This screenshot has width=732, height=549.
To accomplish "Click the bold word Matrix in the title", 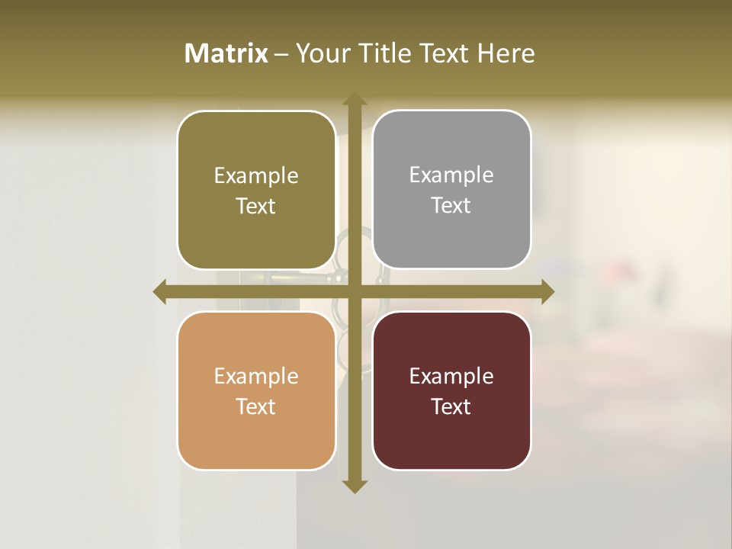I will point(226,53).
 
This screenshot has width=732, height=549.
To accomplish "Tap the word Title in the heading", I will point(381,53).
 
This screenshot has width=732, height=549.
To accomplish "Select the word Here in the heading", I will point(506,53).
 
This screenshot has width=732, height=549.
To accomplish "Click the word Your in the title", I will point(320,53).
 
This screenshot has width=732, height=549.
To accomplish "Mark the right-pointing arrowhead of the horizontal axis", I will point(547,291).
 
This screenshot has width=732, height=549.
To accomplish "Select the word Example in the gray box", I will point(451,175).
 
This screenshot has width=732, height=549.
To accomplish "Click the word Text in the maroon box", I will point(451,406).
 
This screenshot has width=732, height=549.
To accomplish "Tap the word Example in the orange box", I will point(256,376).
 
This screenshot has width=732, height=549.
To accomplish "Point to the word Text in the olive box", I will point(256,206).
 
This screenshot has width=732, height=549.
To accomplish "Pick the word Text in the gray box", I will point(451,206).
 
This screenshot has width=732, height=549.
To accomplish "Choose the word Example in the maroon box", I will point(451,376).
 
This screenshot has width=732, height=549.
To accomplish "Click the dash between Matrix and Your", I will point(281,54).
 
